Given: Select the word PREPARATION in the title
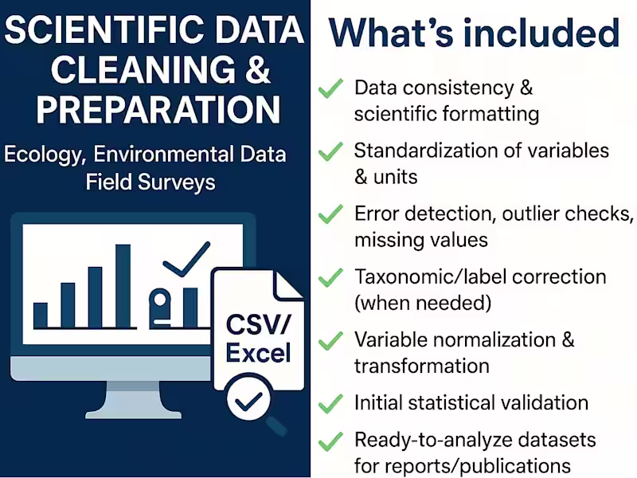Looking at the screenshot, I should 158,110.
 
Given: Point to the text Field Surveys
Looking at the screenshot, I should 150,182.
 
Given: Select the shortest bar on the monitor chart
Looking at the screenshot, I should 40,315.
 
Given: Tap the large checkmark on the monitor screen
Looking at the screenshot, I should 186,259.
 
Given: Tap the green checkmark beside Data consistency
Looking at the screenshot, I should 330,88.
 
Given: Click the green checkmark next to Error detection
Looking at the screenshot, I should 330,214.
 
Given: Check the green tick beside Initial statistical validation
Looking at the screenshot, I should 330,404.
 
